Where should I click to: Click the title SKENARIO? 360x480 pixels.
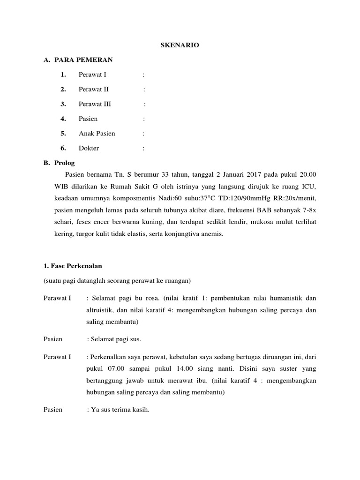(180, 45)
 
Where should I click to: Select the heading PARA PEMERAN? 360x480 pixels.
(83, 60)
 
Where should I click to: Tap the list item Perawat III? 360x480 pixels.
(95, 104)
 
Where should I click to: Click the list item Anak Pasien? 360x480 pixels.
(97, 134)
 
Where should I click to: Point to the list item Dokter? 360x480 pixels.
(89, 148)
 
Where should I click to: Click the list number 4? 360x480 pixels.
(63, 119)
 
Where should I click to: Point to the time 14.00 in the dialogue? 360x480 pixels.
(184, 369)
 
